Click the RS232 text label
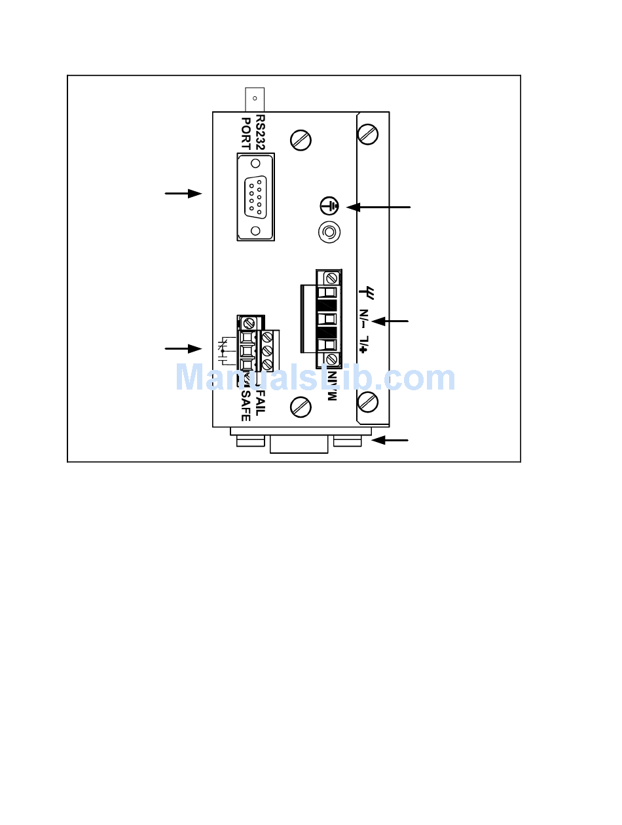click(261, 134)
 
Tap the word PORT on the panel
click(247, 134)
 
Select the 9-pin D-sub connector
click(256, 196)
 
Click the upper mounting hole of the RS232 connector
click(255, 161)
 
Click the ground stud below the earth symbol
click(329, 232)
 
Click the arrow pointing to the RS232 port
click(183, 194)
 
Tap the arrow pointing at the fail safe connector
click(183, 348)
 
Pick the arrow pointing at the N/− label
click(390, 321)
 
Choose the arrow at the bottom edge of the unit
click(390, 441)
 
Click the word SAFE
click(246, 404)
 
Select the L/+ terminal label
click(365, 345)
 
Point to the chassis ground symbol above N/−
click(365, 291)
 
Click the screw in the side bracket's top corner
click(369, 134)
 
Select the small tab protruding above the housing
click(254, 100)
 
